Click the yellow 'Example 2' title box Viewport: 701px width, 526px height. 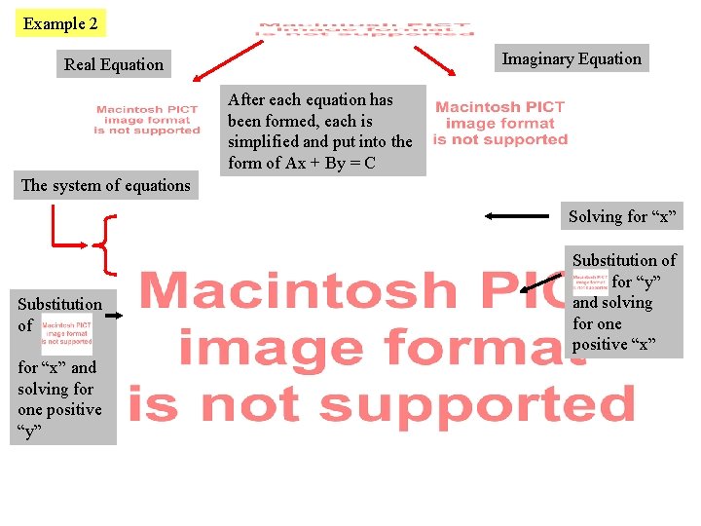(60, 23)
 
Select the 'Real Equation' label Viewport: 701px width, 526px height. (114, 65)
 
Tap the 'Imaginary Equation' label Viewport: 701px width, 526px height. (572, 59)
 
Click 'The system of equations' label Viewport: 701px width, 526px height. (106, 185)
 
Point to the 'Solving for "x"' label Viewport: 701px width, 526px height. (622, 216)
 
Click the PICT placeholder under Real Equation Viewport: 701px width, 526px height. (147, 121)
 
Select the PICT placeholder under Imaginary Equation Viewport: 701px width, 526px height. (500, 124)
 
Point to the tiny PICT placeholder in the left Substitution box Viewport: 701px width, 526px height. (67, 333)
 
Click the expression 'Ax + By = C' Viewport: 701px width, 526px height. (331, 163)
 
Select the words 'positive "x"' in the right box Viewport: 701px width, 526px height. (614, 345)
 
